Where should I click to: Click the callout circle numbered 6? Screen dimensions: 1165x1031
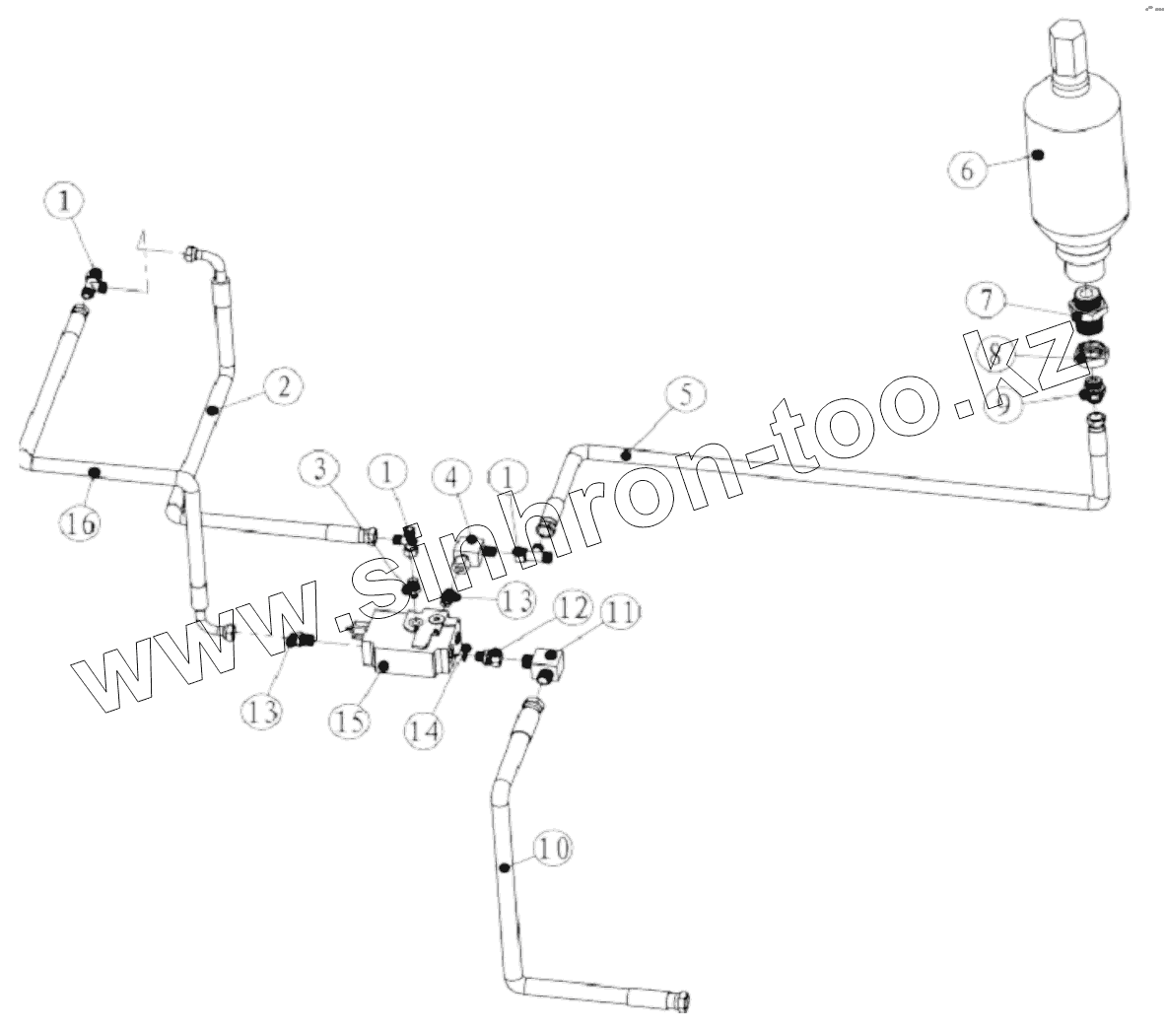[967, 170]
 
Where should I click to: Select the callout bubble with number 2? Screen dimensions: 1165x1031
[283, 386]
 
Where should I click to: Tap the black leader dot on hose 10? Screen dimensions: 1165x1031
[504, 866]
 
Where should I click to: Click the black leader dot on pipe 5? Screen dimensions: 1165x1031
[626, 454]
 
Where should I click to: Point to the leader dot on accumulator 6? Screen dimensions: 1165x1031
[1039, 154]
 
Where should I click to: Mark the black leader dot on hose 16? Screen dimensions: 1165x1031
[95, 474]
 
